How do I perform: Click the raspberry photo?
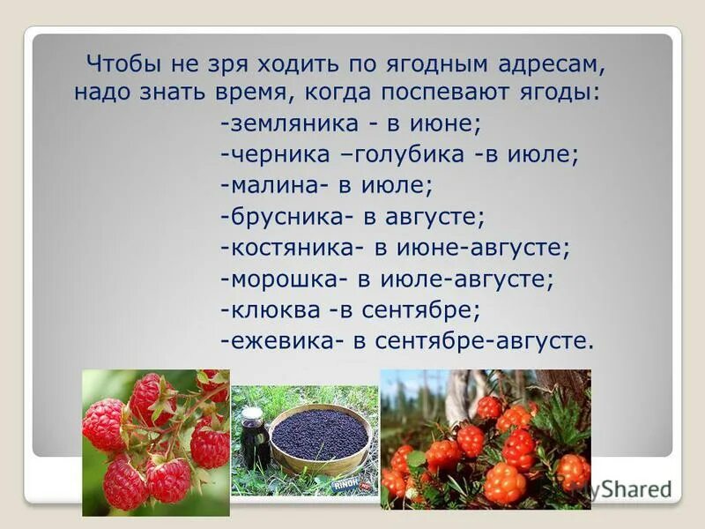[156, 442]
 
